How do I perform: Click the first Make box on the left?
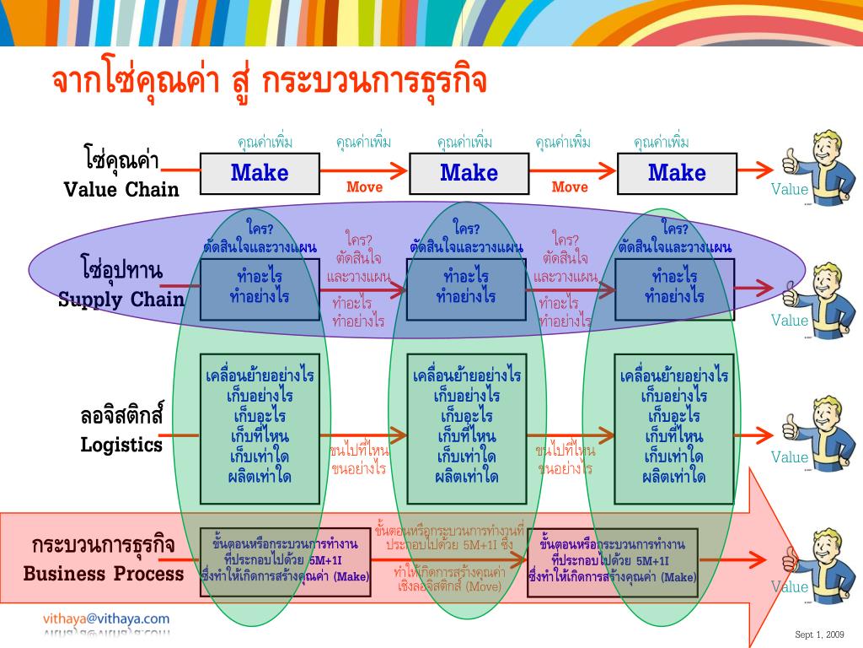coord(260,173)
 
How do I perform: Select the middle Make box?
coord(469,173)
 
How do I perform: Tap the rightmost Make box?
coord(677,173)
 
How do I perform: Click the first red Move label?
coord(364,187)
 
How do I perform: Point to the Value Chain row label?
coord(121,175)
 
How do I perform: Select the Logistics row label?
coord(121,430)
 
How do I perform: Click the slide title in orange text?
coord(270,83)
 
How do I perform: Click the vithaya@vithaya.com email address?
coord(106,618)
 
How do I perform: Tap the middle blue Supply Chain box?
coord(467,289)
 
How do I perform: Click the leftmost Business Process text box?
coord(285,560)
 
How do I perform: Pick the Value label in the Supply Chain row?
coord(790,320)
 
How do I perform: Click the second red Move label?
coord(570,187)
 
